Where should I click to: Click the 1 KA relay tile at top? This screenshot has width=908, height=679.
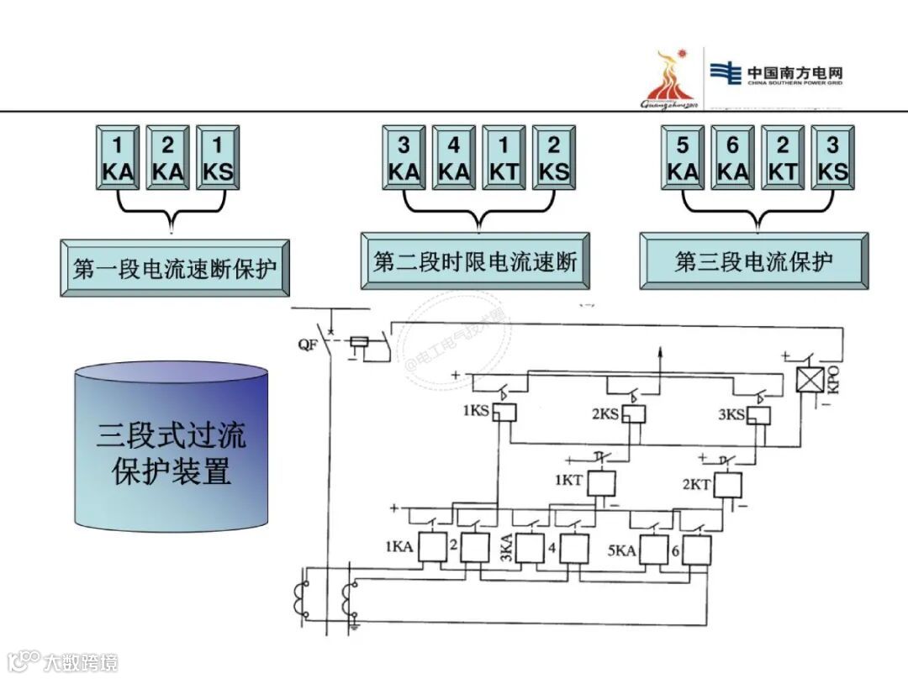118,158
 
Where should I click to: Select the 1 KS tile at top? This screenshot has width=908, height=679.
218,158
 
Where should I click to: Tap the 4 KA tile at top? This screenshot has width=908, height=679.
454,158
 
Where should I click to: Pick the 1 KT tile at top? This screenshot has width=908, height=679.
504,158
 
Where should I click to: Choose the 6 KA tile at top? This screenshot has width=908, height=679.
732,158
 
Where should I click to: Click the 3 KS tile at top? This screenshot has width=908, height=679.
832,158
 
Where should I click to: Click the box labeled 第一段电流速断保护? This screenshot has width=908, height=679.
175,268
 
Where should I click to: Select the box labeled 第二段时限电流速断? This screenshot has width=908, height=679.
475,261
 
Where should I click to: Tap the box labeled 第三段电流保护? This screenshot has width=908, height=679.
753,261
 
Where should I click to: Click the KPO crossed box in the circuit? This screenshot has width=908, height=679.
808,382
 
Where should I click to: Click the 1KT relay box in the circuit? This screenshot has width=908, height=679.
600,483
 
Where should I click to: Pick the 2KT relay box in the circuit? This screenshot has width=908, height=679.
727,485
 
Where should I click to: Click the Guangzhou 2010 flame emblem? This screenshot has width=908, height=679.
669,80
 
